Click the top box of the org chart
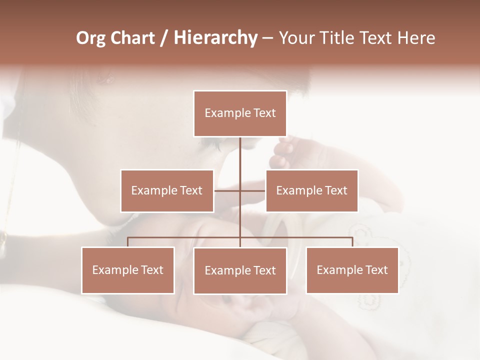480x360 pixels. (x=240, y=113)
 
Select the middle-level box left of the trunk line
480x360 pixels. (x=167, y=190)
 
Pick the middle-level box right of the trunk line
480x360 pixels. (x=311, y=190)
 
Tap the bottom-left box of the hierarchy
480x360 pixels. (x=128, y=270)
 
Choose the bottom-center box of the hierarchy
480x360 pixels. (x=240, y=270)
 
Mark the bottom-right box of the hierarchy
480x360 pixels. (x=352, y=270)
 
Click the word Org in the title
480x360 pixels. (x=90, y=38)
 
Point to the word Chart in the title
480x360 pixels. (x=132, y=38)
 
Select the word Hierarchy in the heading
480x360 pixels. (x=215, y=38)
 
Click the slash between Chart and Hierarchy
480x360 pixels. (x=164, y=38)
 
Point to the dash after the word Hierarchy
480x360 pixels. (x=267, y=38)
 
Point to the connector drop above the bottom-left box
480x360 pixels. (x=127, y=242)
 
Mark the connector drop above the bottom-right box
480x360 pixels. (x=352, y=242)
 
